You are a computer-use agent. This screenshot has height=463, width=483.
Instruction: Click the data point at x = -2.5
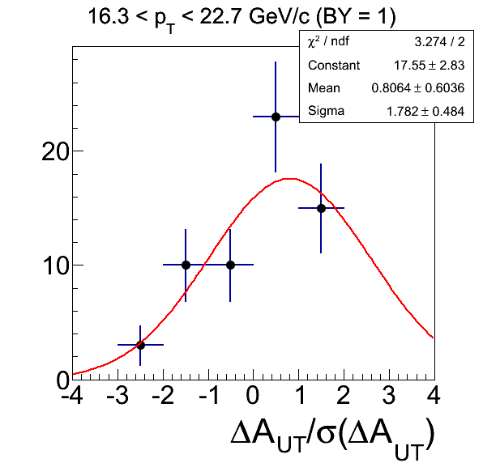(x=140, y=345)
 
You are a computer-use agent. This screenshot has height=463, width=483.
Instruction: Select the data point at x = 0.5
(x=276, y=117)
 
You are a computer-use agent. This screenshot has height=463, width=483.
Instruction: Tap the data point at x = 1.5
(x=321, y=208)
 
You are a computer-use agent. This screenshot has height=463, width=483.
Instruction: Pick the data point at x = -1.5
(x=186, y=265)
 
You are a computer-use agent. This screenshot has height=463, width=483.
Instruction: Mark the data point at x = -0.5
(x=230, y=265)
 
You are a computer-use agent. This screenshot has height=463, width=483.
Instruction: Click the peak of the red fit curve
(x=289, y=178)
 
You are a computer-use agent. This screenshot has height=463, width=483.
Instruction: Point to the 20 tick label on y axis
(x=55, y=151)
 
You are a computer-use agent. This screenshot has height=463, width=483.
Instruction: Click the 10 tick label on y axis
(x=55, y=265)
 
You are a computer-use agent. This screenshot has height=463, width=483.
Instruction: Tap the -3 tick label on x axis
(x=118, y=395)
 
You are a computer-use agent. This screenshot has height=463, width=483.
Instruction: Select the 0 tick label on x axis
(x=253, y=395)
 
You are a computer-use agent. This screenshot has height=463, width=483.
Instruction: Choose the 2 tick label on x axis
(x=344, y=395)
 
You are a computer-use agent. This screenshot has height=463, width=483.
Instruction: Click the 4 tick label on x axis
(x=434, y=395)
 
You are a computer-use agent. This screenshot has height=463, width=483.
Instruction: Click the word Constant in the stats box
(x=334, y=66)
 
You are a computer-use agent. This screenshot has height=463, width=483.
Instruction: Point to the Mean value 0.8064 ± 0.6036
(x=418, y=88)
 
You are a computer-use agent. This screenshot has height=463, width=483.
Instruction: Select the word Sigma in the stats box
(x=326, y=111)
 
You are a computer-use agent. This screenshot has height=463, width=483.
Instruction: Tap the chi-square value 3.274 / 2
(x=439, y=42)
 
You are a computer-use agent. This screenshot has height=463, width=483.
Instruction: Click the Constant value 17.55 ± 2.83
(x=429, y=66)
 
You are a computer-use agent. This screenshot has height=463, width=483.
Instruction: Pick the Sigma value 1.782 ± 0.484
(x=425, y=111)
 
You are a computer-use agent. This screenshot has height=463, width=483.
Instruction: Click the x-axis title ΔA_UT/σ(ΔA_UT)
(x=332, y=437)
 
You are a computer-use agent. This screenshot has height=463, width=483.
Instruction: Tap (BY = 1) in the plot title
(x=356, y=16)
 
